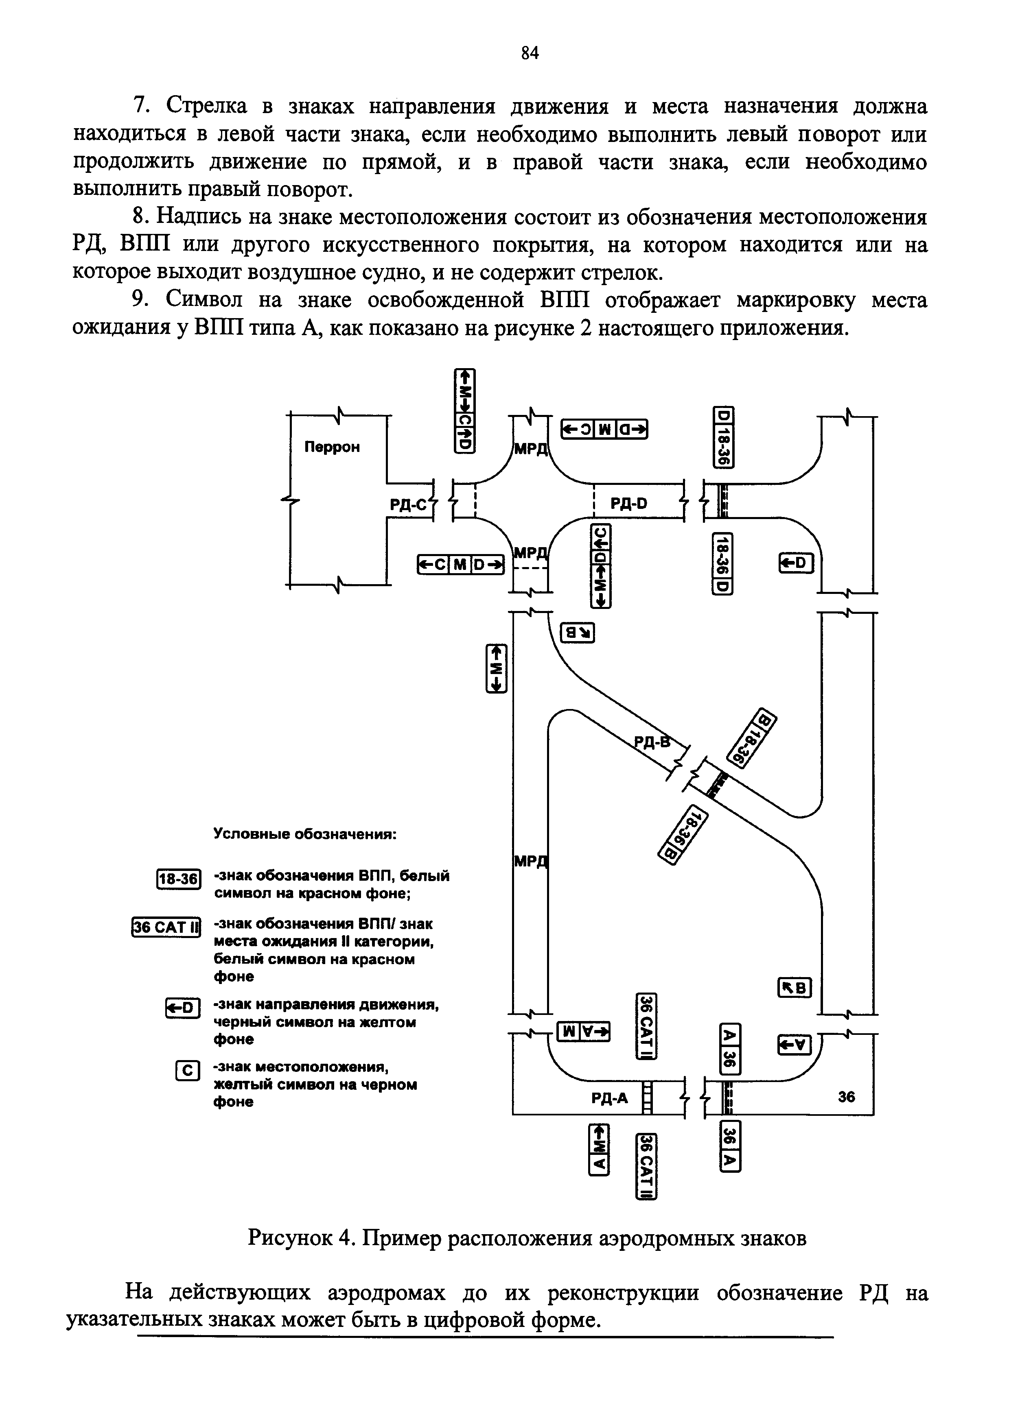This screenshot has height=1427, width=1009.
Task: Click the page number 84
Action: coord(529,53)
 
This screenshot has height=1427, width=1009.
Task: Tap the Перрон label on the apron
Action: coord(332,447)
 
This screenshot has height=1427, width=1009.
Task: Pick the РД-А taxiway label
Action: coord(609,1099)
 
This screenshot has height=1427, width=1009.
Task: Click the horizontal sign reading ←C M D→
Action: coord(460,564)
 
